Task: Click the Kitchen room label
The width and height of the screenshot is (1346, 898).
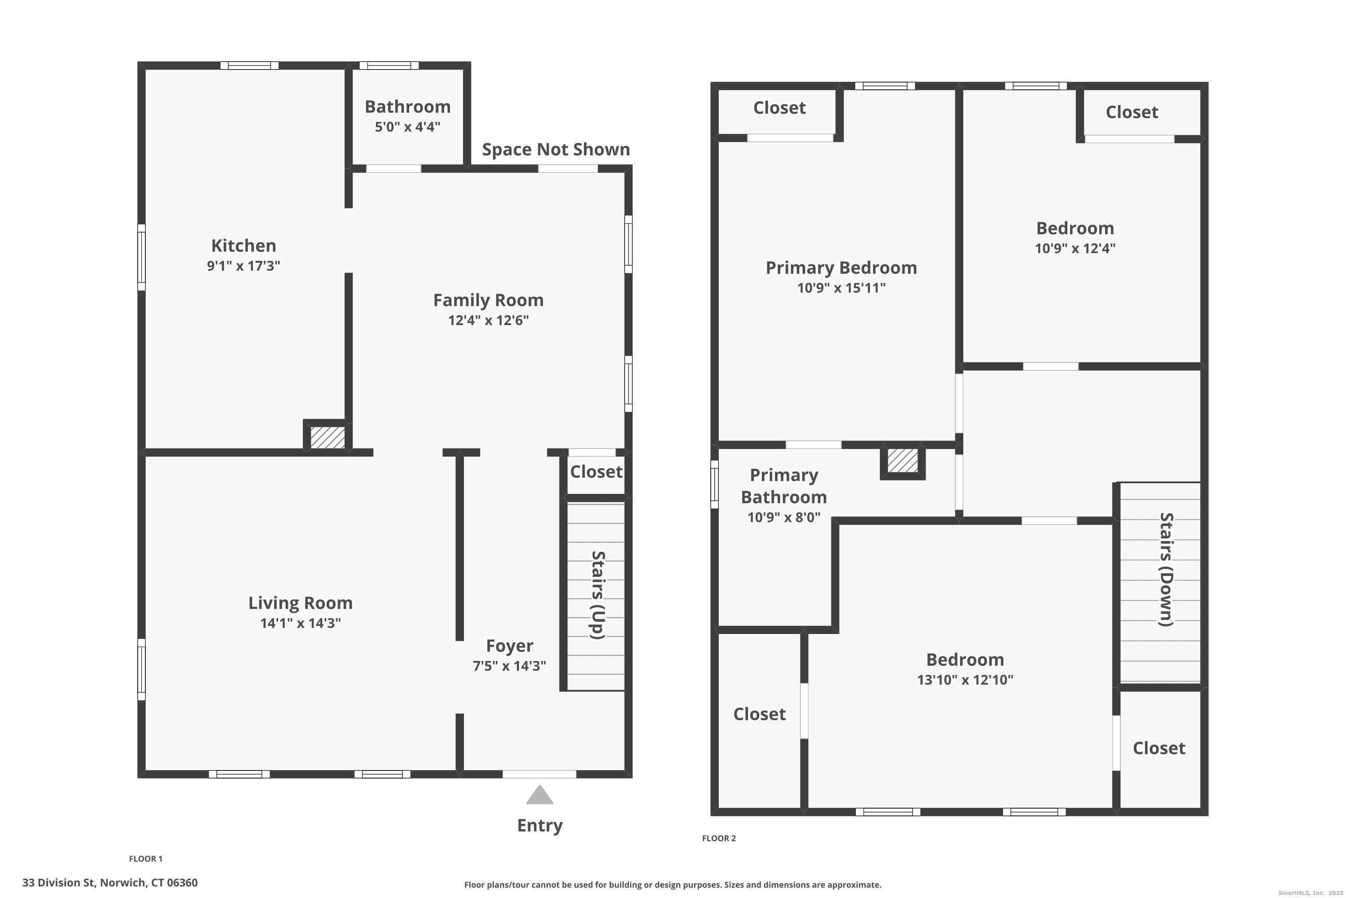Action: [243, 246]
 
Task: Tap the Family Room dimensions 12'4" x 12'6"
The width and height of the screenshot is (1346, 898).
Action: [488, 320]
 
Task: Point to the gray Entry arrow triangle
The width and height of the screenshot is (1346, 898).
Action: [539, 796]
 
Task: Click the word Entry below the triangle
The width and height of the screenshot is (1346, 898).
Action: [539, 825]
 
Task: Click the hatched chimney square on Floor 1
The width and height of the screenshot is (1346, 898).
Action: [328, 437]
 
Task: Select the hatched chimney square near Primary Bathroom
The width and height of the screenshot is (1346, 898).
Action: [902, 461]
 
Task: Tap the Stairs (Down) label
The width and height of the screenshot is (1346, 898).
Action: [1166, 569]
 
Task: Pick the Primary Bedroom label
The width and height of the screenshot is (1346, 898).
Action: [841, 268]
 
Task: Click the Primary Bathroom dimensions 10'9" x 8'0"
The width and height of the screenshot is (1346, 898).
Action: [783, 517]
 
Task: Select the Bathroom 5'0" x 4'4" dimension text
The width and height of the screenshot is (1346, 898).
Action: [407, 127]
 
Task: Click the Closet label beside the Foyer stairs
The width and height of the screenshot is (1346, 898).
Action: [596, 472]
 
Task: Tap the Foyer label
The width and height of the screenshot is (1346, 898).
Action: [509, 646]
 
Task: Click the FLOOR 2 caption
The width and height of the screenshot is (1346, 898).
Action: [718, 838]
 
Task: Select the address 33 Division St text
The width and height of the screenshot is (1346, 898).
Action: [110, 883]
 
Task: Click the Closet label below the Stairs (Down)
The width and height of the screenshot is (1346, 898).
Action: [1158, 748]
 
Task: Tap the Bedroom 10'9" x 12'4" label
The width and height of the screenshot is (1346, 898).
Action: [1074, 229]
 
